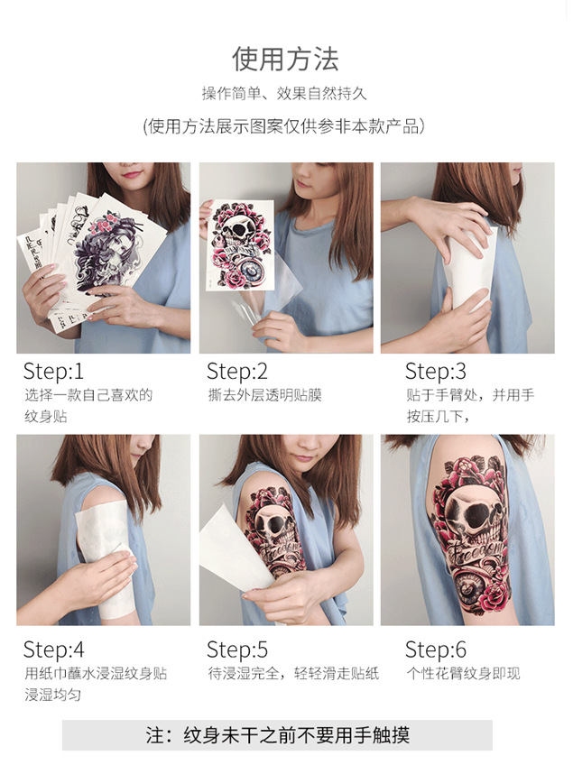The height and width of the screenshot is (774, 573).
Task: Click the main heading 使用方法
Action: click(285, 59)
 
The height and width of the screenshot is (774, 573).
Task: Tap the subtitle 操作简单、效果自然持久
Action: click(284, 94)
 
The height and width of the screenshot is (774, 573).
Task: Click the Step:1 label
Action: click(53, 371)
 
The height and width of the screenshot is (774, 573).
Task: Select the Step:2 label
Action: click(236, 371)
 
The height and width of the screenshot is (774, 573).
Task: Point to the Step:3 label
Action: click(436, 371)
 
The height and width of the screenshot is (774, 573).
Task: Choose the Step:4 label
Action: click(53, 650)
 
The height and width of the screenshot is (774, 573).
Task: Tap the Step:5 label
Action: click(236, 650)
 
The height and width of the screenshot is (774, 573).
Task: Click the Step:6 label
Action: click(436, 650)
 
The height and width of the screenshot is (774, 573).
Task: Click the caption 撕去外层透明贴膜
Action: click(263, 395)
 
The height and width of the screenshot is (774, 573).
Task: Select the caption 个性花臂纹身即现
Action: click(462, 674)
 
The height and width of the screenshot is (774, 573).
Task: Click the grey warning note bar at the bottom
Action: click(277, 735)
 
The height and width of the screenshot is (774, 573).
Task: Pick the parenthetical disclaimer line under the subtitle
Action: click(284, 126)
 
